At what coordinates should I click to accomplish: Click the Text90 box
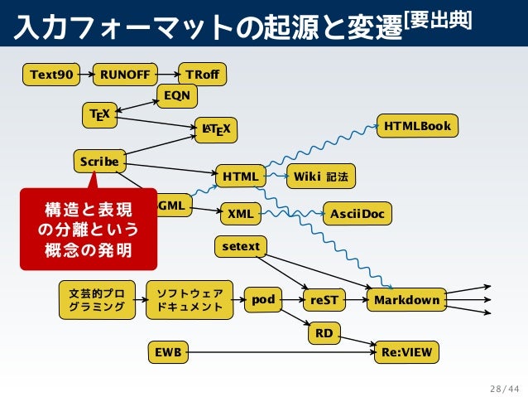[50, 75]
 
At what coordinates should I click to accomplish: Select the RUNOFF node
[125, 75]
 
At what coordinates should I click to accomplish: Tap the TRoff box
[202, 75]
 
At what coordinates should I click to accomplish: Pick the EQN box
[176, 96]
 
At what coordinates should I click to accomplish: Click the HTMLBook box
[417, 126]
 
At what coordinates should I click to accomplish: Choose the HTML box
[240, 177]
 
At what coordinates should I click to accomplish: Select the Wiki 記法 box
[320, 177]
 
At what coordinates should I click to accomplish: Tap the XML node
[240, 214]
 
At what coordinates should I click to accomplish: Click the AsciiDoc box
[357, 214]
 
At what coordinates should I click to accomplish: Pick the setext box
[241, 246]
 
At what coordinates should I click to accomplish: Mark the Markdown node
[406, 300]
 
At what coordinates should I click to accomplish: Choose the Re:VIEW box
[406, 353]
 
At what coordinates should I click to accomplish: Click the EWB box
[166, 353]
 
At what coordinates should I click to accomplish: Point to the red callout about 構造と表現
[88, 228]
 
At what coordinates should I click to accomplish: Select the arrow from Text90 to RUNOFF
[84, 75]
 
